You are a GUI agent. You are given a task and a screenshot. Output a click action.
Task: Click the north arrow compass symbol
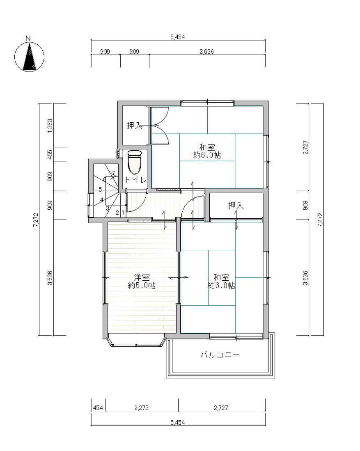(x=30, y=56)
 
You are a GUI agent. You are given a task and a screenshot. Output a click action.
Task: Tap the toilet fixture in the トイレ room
(x=134, y=162)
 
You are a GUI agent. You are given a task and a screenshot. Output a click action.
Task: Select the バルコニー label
(x=220, y=355)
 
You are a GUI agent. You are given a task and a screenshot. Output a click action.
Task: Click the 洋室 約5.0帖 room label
(x=142, y=282)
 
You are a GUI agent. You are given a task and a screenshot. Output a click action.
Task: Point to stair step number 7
(x=113, y=173)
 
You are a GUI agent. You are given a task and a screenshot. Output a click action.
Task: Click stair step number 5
(x=100, y=189)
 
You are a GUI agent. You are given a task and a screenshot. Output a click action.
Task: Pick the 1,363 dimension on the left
(x=50, y=126)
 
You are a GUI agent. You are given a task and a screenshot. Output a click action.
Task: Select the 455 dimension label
(x=50, y=154)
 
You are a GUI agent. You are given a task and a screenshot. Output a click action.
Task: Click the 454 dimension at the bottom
(x=98, y=408)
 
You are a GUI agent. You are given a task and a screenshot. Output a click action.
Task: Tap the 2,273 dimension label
(x=142, y=408)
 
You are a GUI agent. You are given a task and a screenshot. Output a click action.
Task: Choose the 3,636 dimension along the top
(x=206, y=52)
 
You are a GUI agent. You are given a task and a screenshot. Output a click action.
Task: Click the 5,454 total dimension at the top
(x=178, y=37)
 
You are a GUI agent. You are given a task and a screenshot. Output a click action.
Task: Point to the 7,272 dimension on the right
(x=320, y=220)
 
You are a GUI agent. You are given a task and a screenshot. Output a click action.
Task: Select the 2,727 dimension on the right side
(x=306, y=147)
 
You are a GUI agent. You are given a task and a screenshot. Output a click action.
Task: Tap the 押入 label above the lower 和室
(x=236, y=205)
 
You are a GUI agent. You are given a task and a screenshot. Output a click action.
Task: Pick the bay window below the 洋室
(x=136, y=340)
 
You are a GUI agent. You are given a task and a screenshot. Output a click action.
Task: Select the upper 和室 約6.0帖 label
(x=207, y=151)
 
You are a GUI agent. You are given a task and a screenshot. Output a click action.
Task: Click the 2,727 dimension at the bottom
(x=221, y=408)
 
